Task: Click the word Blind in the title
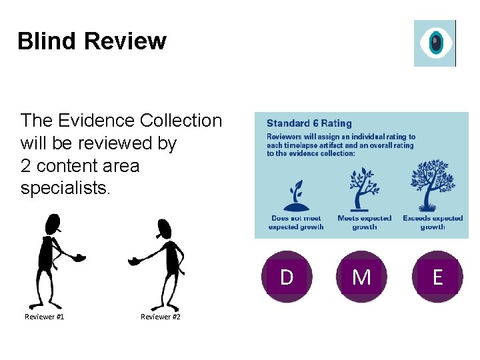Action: click(x=47, y=41)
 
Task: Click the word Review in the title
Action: click(x=125, y=41)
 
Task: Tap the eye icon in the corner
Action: click(x=435, y=43)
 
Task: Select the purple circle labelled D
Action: click(x=287, y=277)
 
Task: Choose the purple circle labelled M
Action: click(x=361, y=277)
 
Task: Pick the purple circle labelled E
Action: click(x=437, y=277)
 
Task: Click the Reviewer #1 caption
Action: click(x=45, y=317)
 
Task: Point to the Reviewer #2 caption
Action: click(x=161, y=317)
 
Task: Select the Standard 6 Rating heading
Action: click(x=309, y=123)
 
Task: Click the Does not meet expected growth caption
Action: click(x=295, y=223)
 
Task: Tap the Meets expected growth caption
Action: click(x=364, y=223)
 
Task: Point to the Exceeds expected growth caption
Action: click(x=433, y=223)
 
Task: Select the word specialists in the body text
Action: click(x=64, y=189)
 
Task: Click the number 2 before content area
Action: click(x=25, y=166)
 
